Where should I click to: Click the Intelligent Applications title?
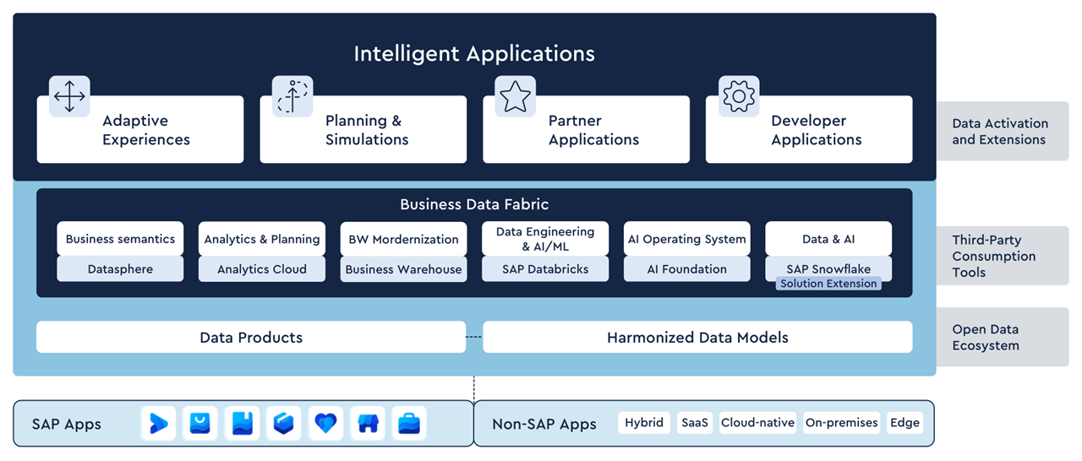click(474, 54)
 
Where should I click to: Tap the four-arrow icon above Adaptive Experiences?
click(69, 96)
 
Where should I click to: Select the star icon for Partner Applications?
click(515, 96)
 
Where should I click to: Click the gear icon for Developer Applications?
click(739, 96)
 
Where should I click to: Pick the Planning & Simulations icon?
click(292, 96)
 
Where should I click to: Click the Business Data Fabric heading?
click(474, 204)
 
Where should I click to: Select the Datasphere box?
click(120, 269)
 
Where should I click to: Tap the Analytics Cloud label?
click(262, 269)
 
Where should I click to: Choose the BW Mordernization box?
click(404, 239)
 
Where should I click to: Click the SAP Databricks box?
click(545, 269)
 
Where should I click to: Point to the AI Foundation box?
click(687, 269)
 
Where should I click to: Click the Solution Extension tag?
click(828, 284)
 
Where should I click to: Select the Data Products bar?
click(251, 337)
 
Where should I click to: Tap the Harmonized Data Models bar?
click(697, 337)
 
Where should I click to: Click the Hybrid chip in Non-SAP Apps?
click(644, 423)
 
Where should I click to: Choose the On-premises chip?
click(842, 423)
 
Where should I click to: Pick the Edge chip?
click(904, 423)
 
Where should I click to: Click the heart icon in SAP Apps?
click(326, 423)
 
